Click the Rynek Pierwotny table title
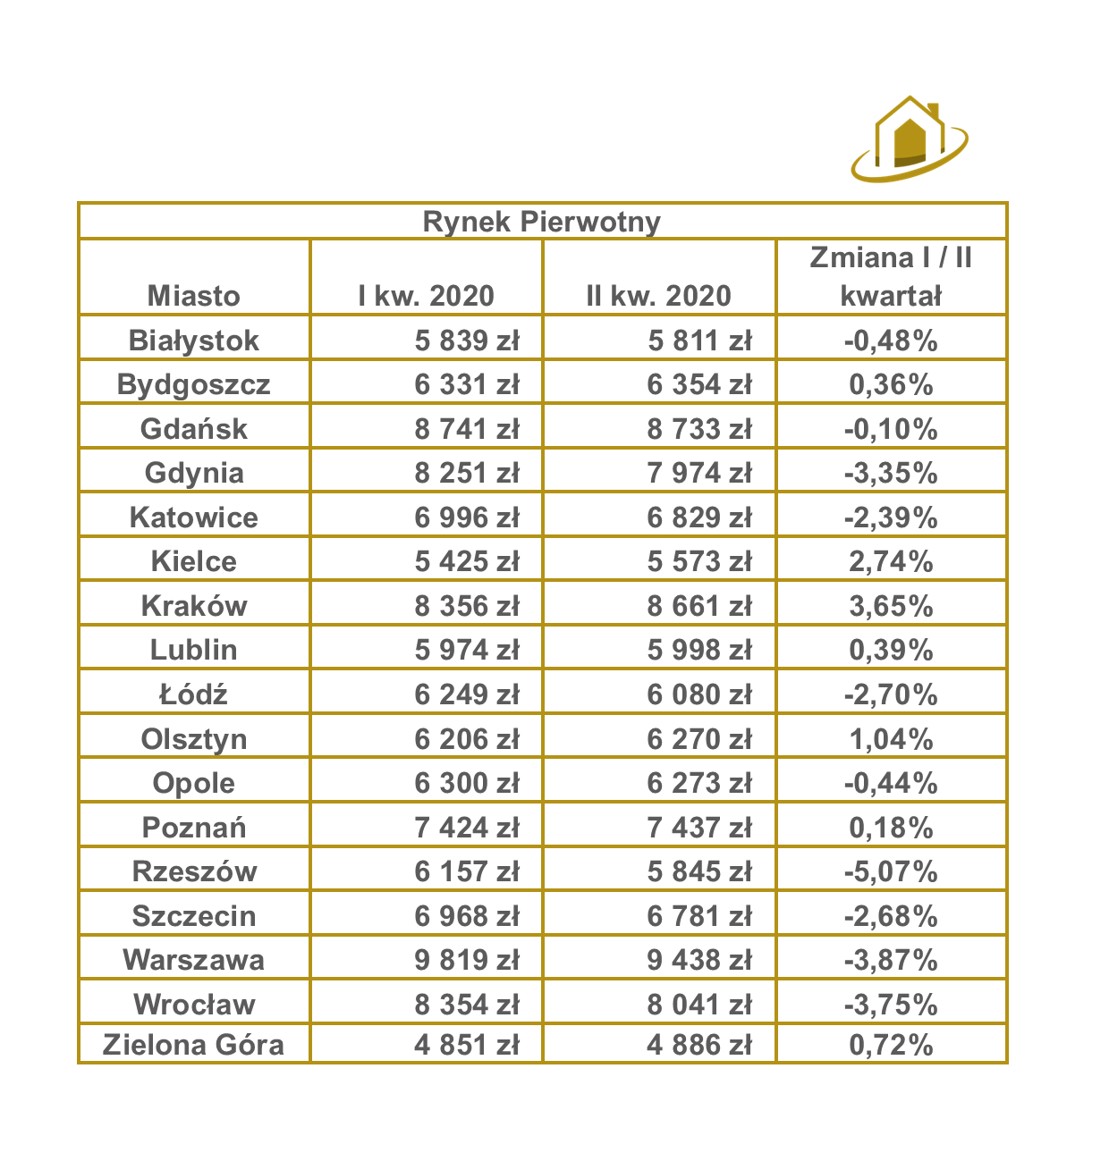pos(541,222)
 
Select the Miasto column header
pos(194,295)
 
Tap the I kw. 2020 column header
pos(426,295)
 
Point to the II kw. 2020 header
pos(658,295)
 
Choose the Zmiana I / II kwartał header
pos(891,276)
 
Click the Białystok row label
pos(194,340)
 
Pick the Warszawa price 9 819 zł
pos(466,960)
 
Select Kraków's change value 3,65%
pos(891,606)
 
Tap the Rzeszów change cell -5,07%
pos(891,871)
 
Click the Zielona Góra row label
pos(194,1044)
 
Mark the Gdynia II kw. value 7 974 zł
pos(699,473)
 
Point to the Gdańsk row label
pos(194,428)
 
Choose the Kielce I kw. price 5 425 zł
pos(466,561)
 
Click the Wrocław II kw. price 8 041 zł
pos(699,1004)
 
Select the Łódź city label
pos(194,694)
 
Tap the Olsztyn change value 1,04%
pos(891,739)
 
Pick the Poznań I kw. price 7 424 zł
pos(466,827)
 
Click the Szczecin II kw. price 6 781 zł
pos(699,915)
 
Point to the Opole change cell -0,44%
pos(891,783)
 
